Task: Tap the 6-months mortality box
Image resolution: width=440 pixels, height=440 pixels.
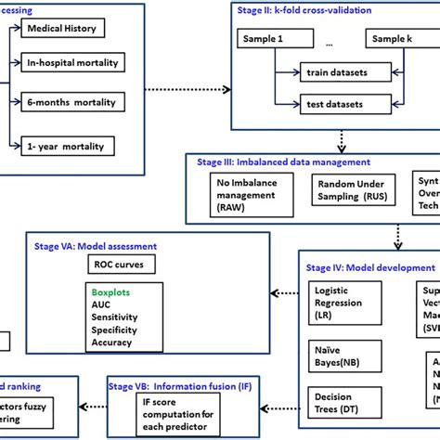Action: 75,105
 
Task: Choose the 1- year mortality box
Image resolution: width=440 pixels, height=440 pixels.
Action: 73,145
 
